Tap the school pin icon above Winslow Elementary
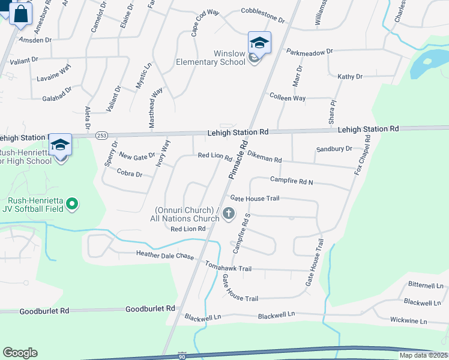[x=259, y=43]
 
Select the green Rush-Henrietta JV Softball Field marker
[x=72, y=205]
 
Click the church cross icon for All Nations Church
[x=228, y=213]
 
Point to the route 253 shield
[x=101, y=135]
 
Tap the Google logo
[x=20, y=353]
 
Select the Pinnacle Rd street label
[x=238, y=160]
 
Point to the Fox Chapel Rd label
[x=363, y=154]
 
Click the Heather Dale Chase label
[x=165, y=256]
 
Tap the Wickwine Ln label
[x=408, y=322]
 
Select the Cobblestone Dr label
[x=262, y=11]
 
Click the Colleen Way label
[x=288, y=98]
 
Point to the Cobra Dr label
[x=130, y=175]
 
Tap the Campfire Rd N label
[x=292, y=179]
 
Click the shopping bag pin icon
[x=20, y=13]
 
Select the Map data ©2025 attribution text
[x=423, y=355]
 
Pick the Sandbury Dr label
[x=334, y=149]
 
